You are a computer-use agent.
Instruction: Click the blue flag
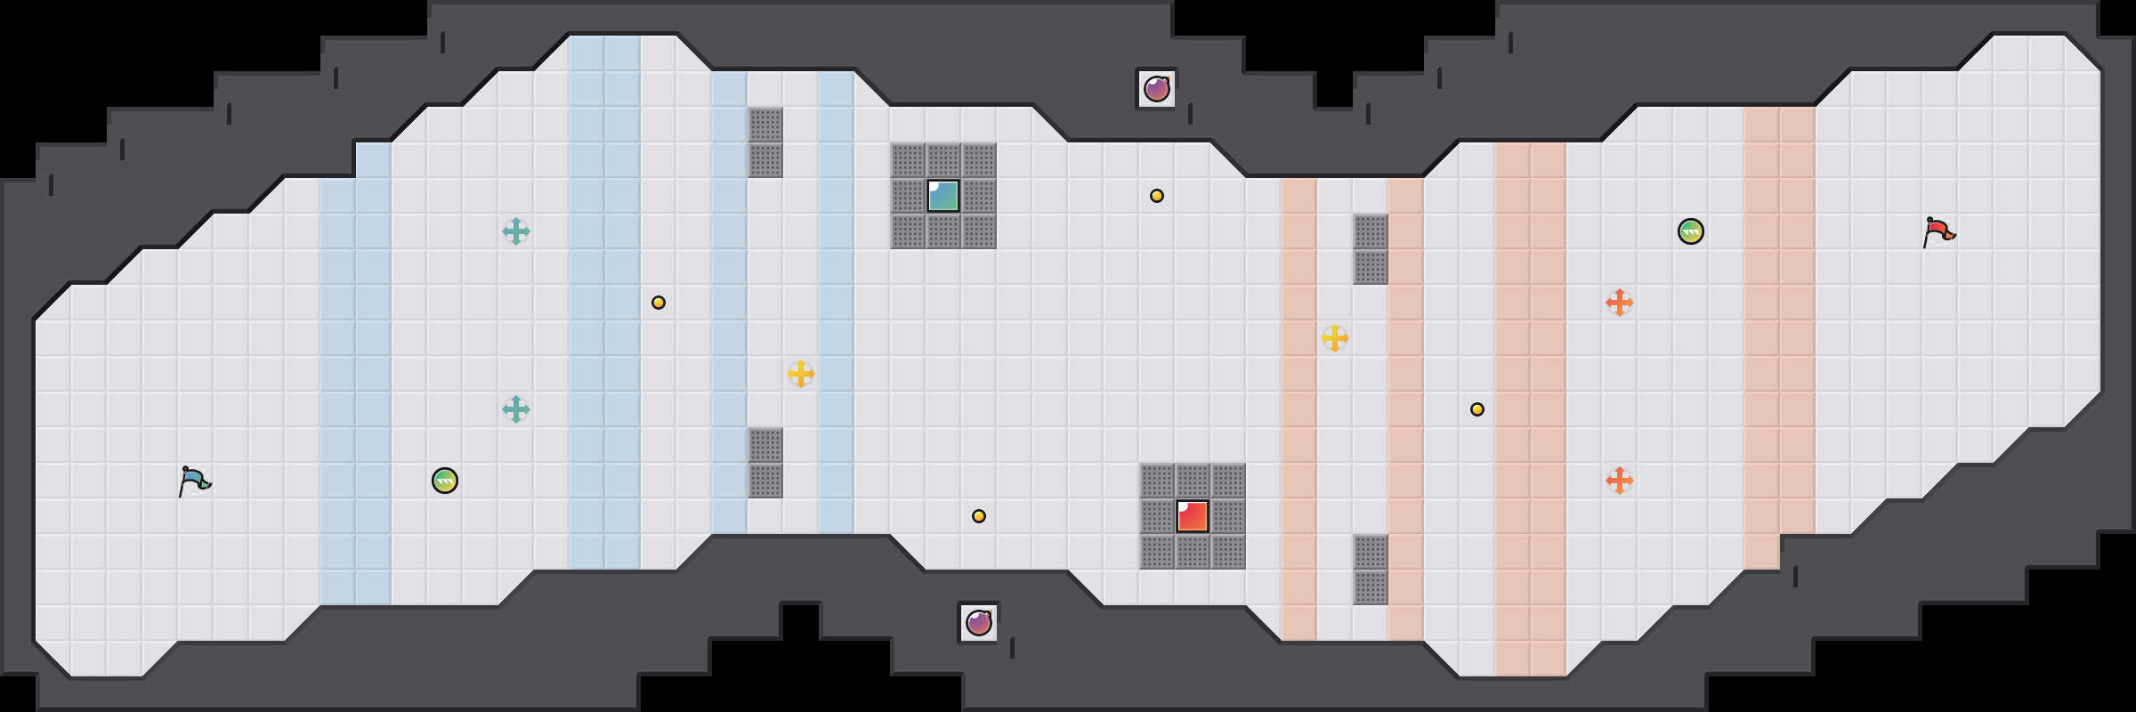click(x=195, y=481)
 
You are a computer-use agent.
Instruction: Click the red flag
click(x=1939, y=232)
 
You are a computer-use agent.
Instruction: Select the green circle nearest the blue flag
click(x=445, y=481)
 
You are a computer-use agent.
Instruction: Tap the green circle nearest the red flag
click(x=1691, y=231)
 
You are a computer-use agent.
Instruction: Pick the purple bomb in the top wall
click(x=1157, y=89)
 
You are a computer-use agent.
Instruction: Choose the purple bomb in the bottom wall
click(x=979, y=623)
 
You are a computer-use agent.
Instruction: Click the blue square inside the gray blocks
click(x=943, y=196)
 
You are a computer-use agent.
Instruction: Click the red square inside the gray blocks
click(x=1193, y=516)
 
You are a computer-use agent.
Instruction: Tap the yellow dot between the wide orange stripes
click(x=1477, y=409)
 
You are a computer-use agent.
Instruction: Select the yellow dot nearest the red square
click(x=979, y=516)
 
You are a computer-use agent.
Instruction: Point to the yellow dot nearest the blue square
click(x=1157, y=196)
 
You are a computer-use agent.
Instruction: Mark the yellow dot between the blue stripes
click(x=659, y=303)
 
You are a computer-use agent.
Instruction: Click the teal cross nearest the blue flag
click(x=516, y=409)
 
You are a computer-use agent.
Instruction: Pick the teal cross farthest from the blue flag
click(x=516, y=231)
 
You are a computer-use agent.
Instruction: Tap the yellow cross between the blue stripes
click(x=801, y=374)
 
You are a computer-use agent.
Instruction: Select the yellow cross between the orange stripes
click(x=1335, y=338)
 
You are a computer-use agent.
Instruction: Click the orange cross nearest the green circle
click(x=1620, y=303)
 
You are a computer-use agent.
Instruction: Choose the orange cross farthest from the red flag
click(x=1620, y=481)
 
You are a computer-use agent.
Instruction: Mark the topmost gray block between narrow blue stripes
click(x=765, y=125)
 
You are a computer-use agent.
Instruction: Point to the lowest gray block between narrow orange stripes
click(x=1371, y=587)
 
